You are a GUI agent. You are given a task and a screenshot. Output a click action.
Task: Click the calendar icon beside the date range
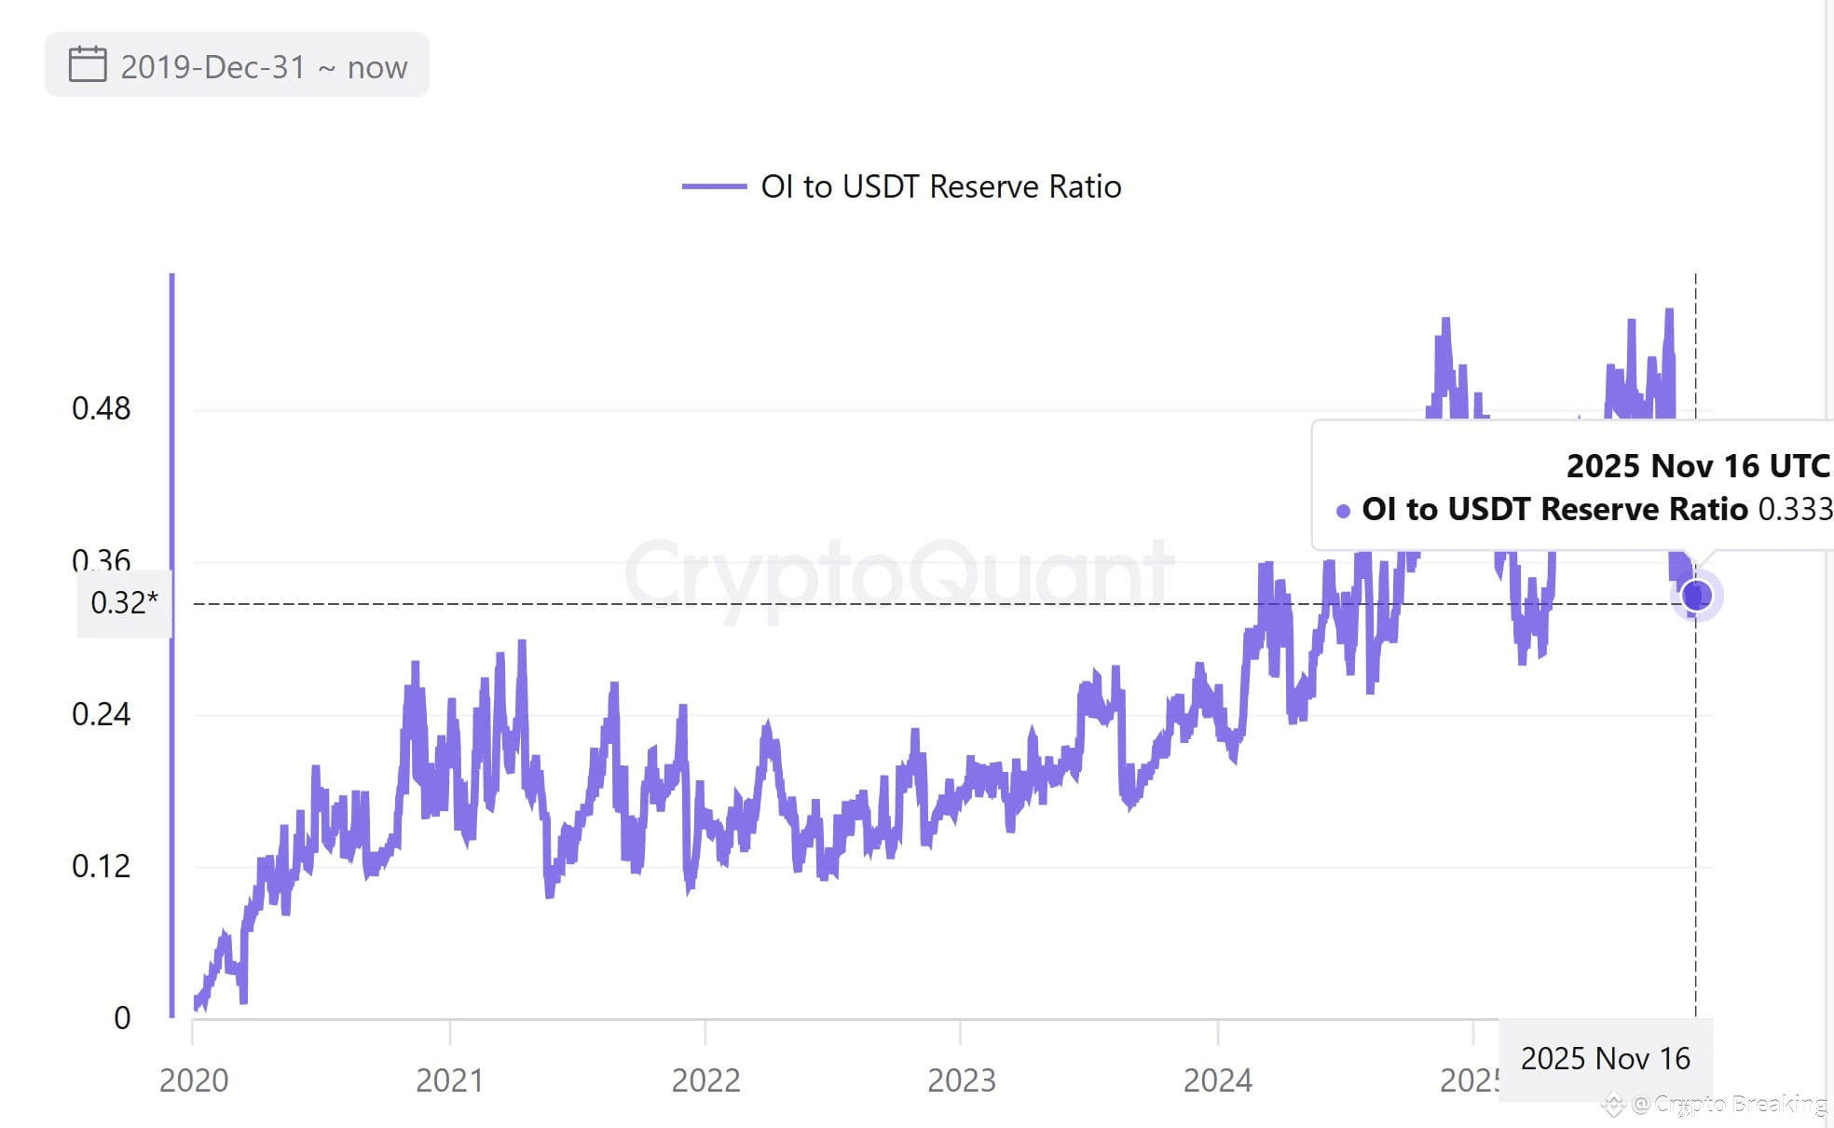point(88,64)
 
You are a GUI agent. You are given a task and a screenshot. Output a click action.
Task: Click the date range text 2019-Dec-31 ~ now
point(264,67)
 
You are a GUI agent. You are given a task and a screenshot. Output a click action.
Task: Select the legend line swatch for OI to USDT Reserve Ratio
point(714,186)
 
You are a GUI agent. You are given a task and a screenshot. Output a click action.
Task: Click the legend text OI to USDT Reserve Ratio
point(940,186)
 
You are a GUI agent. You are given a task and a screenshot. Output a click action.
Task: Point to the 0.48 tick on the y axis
point(101,408)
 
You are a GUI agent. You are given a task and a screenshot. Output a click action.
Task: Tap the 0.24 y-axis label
point(101,714)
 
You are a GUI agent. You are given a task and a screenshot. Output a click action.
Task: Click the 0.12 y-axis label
point(101,866)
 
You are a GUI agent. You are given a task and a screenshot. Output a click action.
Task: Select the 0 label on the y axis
point(122,1018)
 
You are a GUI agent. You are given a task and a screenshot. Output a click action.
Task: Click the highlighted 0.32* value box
point(124,603)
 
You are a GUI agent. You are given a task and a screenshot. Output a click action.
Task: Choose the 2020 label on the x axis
point(194,1080)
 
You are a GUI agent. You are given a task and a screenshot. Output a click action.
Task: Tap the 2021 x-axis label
point(449,1080)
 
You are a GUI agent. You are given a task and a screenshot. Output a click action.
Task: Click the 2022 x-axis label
point(705,1080)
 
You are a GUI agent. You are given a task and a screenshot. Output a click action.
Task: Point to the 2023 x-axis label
point(961,1080)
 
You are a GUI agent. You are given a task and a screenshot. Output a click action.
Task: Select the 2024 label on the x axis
point(1217,1080)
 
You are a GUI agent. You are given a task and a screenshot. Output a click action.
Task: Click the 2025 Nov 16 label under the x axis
point(1605,1059)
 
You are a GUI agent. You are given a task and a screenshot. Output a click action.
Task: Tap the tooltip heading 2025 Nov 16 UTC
point(1697,465)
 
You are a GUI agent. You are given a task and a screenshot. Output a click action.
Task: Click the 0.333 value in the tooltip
point(1794,509)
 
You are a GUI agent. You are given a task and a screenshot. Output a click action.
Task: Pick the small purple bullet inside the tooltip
point(1343,511)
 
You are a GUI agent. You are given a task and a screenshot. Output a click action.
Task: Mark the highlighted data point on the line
point(1696,595)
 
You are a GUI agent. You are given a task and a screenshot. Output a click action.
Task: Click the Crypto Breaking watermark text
point(1739,1105)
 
